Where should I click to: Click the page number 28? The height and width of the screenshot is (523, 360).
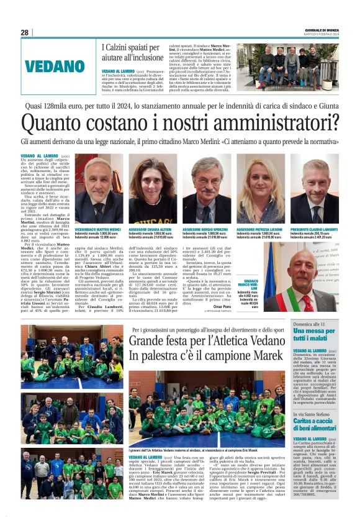(x=24, y=32)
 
